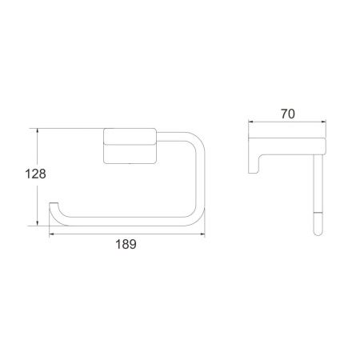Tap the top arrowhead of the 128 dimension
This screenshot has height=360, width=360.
(x=37, y=129)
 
